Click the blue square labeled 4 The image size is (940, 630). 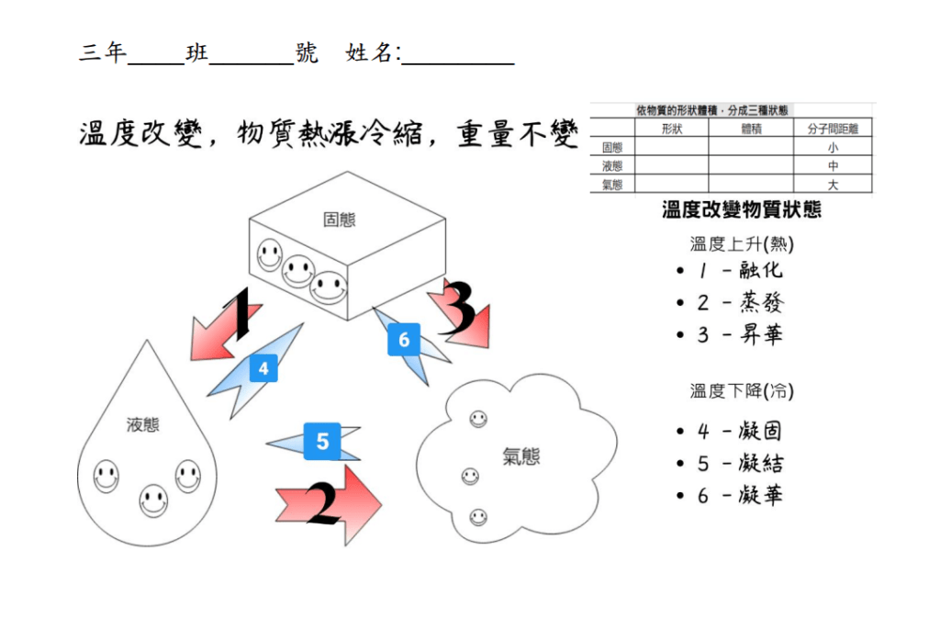[x=263, y=369]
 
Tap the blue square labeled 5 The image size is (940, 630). [x=322, y=442]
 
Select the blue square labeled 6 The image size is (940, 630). [x=403, y=341]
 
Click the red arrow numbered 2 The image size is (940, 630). [x=329, y=504]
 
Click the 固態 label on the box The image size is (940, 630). [x=339, y=219]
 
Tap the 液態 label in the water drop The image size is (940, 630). [x=142, y=424]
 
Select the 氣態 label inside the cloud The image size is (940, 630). [x=520, y=456]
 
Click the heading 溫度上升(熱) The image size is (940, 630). [x=742, y=244]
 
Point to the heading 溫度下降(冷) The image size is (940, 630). [x=742, y=391]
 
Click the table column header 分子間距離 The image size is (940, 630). [x=833, y=129]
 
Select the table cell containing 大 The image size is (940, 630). [x=833, y=185]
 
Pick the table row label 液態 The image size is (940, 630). [x=611, y=166]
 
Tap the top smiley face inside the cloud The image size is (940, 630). [x=478, y=419]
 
